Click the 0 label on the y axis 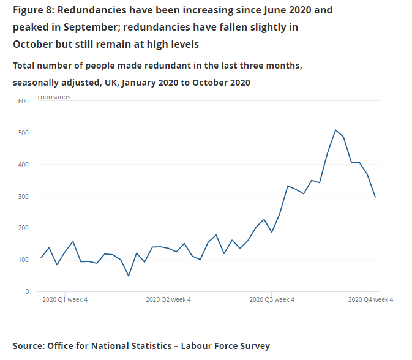[26, 292]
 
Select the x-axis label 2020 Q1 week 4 [65, 300]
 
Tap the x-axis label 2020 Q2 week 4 [168, 300]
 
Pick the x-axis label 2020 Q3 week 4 [272, 300]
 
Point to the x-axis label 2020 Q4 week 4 [370, 300]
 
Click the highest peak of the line [335, 130]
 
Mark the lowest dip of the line [129, 276]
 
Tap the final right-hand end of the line [375, 197]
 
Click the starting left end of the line [41, 258]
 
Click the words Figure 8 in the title [33, 11]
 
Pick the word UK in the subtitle [110, 83]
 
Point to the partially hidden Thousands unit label [54, 97]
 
